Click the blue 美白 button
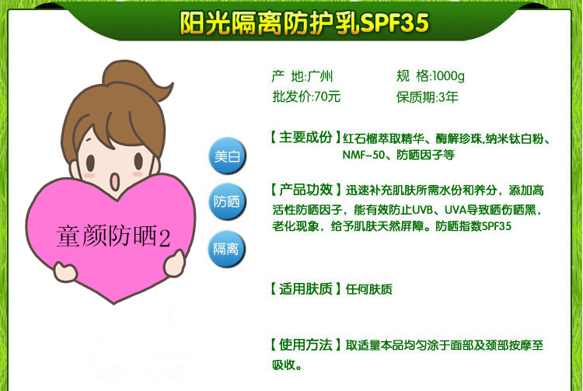pyautogui.click(x=227, y=155)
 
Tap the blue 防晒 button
pyautogui.click(x=227, y=201)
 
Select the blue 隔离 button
pyautogui.click(x=226, y=249)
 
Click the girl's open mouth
pyautogui.click(x=114, y=181)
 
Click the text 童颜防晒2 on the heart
pyautogui.click(x=113, y=236)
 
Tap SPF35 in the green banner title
pyautogui.click(x=394, y=23)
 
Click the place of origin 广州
pyautogui.click(x=320, y=76)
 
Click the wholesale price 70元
pyautogui.click(x=327, y=96)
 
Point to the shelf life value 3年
pyautogui.click(x=448, y=97)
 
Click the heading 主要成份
pyautogui.click(x=305, y=137)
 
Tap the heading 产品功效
pyautogui.click(x=305, y=190)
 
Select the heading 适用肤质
pyautogui.click(x=305, y=289)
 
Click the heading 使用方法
pyautogui.click(x=305, y=345)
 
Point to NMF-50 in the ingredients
pyautogui.click(x=363, y=155)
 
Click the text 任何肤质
pyautogui.click(x=368, y=289)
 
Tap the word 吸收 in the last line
pyautogui.click(x=284, y=365)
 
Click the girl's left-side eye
pyautogui.click(x=90, y=162)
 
